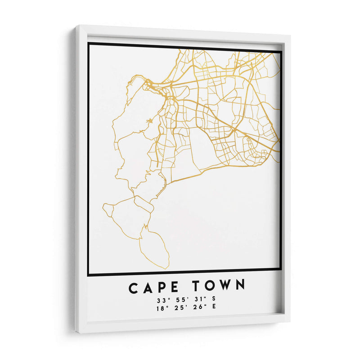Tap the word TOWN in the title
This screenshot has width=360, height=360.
[219, 285]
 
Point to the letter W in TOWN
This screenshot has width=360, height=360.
[224, 285]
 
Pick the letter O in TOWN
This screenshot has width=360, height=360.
[209, 286]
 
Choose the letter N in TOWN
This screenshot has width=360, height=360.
[240, 285]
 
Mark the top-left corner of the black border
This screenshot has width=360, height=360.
[89, 44]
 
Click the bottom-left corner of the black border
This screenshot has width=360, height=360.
[89, 274]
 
